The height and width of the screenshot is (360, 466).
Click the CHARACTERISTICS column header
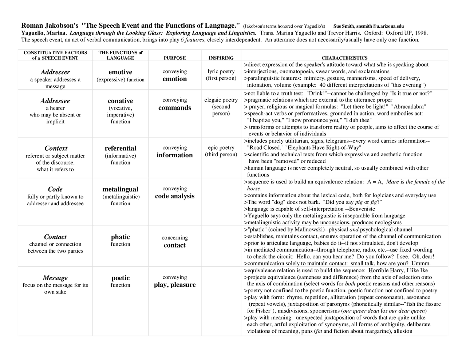pyautogui.click(x=344, y=58)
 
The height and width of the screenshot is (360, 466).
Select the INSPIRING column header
pyautogui.click(x=221, y=58)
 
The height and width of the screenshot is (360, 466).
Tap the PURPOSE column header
pyautogui.click(x=175, y=58)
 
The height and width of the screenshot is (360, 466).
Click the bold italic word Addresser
pyautogui.click(x=55, y=72)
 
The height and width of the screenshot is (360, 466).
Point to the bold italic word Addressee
pyautogui.click(x=55, y=101)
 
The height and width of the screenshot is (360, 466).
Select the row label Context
pyautogui.click(x=56, y=148)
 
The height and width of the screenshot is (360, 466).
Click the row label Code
pyautogui.click(x=55, y=189)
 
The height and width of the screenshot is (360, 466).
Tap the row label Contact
pyautogui.click(x=55, y=237)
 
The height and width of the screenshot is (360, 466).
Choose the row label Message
pyautogui.click(x=55, y=278)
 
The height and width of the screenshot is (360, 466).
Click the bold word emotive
pyautogui.click(x=121, y=72)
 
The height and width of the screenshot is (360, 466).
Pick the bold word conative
pyautogui.click(x=121, y=101)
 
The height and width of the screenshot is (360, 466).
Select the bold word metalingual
pyautogui.click(x=121, y=189)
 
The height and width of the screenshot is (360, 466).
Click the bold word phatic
pyautogui.click(x=121, y=237)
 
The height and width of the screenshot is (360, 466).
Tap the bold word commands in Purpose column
pyautogui.click(x=175, y=108)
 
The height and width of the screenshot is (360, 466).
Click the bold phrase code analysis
pyautogui.click(x=175, y=196)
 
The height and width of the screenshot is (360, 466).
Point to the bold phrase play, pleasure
pyautogui.click(x=175, y=285)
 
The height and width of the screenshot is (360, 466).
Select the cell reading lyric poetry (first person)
pyautogui.click(x=221, y=75)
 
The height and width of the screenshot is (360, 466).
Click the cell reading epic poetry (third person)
pyautogui.click(x=221, y=151)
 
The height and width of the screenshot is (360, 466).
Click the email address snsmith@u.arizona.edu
pyautogui.click(x=380, y=26)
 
